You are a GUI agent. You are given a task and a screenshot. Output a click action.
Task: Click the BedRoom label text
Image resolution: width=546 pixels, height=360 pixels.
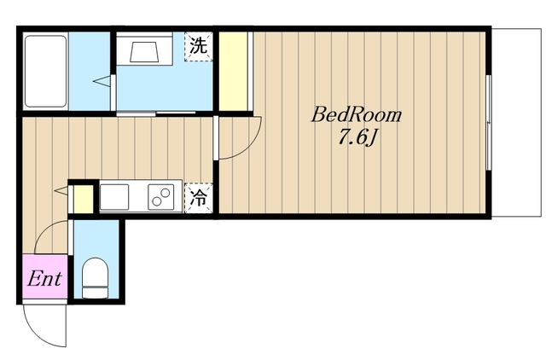[357, 114]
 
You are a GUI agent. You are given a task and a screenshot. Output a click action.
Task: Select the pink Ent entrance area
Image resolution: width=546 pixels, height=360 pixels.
[45, 276]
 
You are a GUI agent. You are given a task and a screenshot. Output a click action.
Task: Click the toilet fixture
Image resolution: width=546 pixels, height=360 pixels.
[95, 278]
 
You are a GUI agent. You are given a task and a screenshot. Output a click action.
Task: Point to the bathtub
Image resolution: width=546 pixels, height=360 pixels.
[45, 71]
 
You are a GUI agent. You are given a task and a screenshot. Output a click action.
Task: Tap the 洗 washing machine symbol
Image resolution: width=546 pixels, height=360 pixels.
[199, 47]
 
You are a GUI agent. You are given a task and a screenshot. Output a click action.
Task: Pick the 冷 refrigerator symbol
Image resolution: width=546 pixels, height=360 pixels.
[199, 198]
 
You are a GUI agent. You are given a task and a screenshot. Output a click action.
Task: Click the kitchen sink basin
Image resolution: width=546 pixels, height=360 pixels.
[114, 197]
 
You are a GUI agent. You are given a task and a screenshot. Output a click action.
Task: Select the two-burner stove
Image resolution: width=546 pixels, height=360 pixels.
[161, 197]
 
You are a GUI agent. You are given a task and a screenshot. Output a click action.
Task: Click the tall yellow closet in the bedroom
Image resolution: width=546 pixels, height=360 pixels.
[233, 72]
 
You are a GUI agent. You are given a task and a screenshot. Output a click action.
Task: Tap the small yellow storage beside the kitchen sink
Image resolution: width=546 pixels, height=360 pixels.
[84, 199]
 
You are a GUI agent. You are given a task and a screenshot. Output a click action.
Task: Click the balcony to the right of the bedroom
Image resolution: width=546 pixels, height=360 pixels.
[516, 123]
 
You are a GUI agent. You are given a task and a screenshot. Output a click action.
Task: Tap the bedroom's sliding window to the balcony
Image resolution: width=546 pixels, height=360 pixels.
[489, 123]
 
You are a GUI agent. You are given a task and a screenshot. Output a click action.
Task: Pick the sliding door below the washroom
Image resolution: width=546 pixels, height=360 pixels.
[156, 113]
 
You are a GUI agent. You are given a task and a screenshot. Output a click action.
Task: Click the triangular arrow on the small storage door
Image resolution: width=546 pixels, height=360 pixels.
[61, 190]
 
